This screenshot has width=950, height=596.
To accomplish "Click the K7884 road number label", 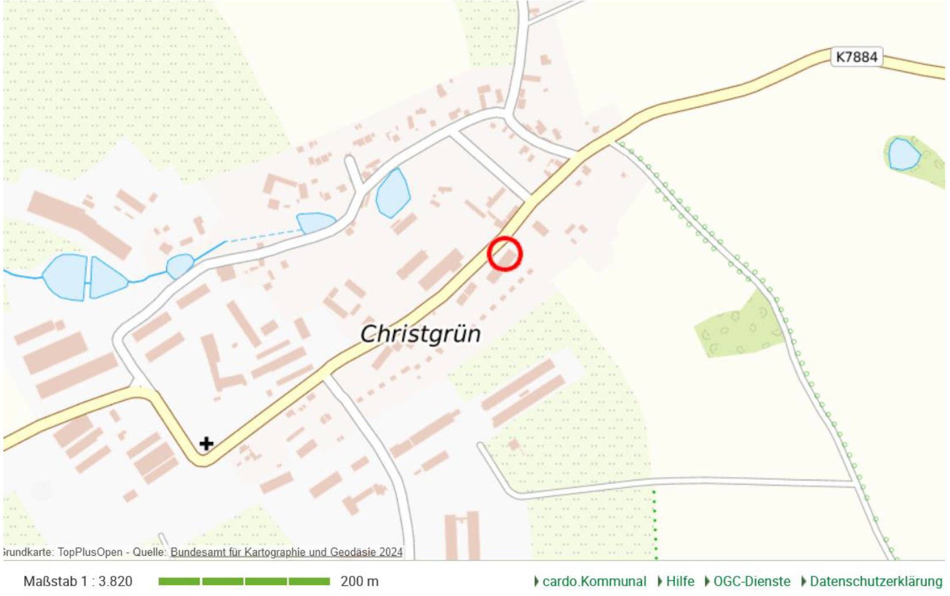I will [856, 57].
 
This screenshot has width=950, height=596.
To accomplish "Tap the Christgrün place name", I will [420, 334].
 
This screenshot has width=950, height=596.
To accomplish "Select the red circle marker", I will [504, 254].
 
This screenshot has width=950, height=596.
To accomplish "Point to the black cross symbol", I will [206, 444].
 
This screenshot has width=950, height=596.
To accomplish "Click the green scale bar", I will [244, 582].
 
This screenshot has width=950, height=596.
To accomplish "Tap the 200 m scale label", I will [359, 582].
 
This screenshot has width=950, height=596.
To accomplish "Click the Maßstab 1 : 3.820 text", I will [78, 582].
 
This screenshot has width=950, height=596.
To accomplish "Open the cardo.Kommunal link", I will [594, 582].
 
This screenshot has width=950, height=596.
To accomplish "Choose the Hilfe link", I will [680, 582].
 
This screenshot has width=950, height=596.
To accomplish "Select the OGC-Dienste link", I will [751, 582].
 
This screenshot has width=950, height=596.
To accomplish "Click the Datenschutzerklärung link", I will [876, 582].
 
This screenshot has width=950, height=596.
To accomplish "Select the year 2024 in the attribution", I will [391, 552].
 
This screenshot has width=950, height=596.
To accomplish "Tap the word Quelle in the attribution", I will [149, 552].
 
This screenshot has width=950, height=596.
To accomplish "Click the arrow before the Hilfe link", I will [660, 582].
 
